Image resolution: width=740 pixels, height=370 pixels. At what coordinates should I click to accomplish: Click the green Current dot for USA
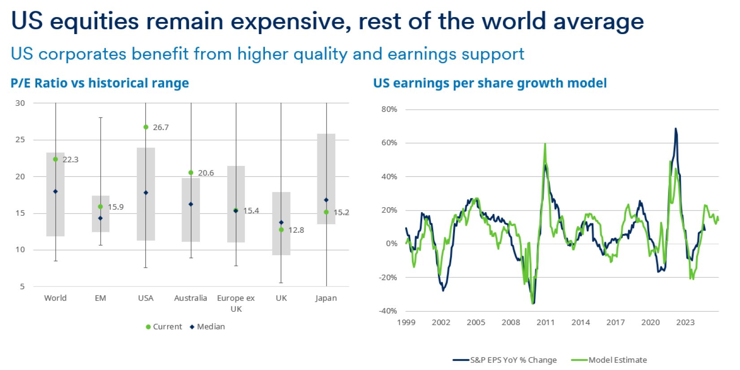point(146,127)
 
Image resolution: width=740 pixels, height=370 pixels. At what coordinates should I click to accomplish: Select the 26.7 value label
point(161,127)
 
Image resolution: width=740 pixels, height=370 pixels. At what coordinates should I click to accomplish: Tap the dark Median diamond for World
point(56,192)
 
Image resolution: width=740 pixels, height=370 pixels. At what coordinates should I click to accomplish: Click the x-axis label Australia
point(190,298)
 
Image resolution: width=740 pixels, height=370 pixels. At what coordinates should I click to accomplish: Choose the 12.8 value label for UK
point(296,230)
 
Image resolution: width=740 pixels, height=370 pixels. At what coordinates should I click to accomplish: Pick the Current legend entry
point(164,326)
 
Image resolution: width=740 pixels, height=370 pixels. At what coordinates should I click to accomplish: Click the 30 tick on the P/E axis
point(20,103)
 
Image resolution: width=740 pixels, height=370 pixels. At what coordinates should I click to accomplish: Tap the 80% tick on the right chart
point(389,109)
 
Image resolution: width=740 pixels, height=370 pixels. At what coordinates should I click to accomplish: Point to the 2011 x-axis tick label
point(545,322)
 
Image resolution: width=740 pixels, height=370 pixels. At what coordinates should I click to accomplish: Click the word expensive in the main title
point(290,22)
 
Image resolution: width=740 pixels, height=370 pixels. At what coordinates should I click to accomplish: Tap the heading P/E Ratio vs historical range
point(100,83)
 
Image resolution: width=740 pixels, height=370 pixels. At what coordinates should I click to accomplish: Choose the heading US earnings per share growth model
point(490,83)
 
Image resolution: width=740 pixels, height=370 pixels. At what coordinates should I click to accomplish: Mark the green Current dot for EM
point(100,207)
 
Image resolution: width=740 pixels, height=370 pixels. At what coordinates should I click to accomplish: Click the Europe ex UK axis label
point(236,303)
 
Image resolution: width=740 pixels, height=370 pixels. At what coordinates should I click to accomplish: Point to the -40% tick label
point(388,311)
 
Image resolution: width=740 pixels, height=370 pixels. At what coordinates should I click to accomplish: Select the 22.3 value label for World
point(70,160)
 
